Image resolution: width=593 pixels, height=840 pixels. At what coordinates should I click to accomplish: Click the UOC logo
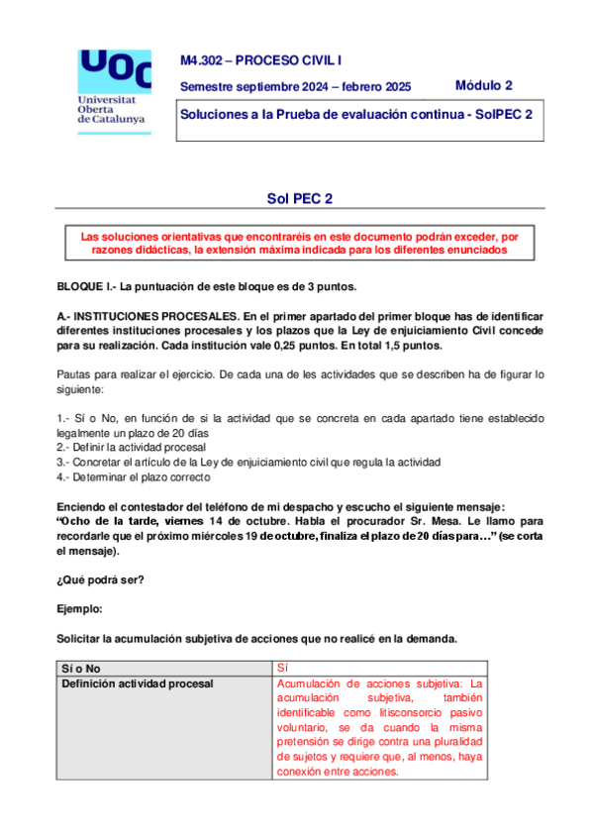coord(114,71)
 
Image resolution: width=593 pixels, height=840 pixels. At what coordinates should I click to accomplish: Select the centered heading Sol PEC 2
coord(299,198)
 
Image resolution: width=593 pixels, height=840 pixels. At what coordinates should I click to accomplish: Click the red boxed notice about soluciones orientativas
coord(299,244)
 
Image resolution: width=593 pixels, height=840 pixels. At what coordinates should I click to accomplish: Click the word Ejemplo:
coord(79,609)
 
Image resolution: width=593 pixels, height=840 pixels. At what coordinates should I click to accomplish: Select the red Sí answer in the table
coord(282,670)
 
